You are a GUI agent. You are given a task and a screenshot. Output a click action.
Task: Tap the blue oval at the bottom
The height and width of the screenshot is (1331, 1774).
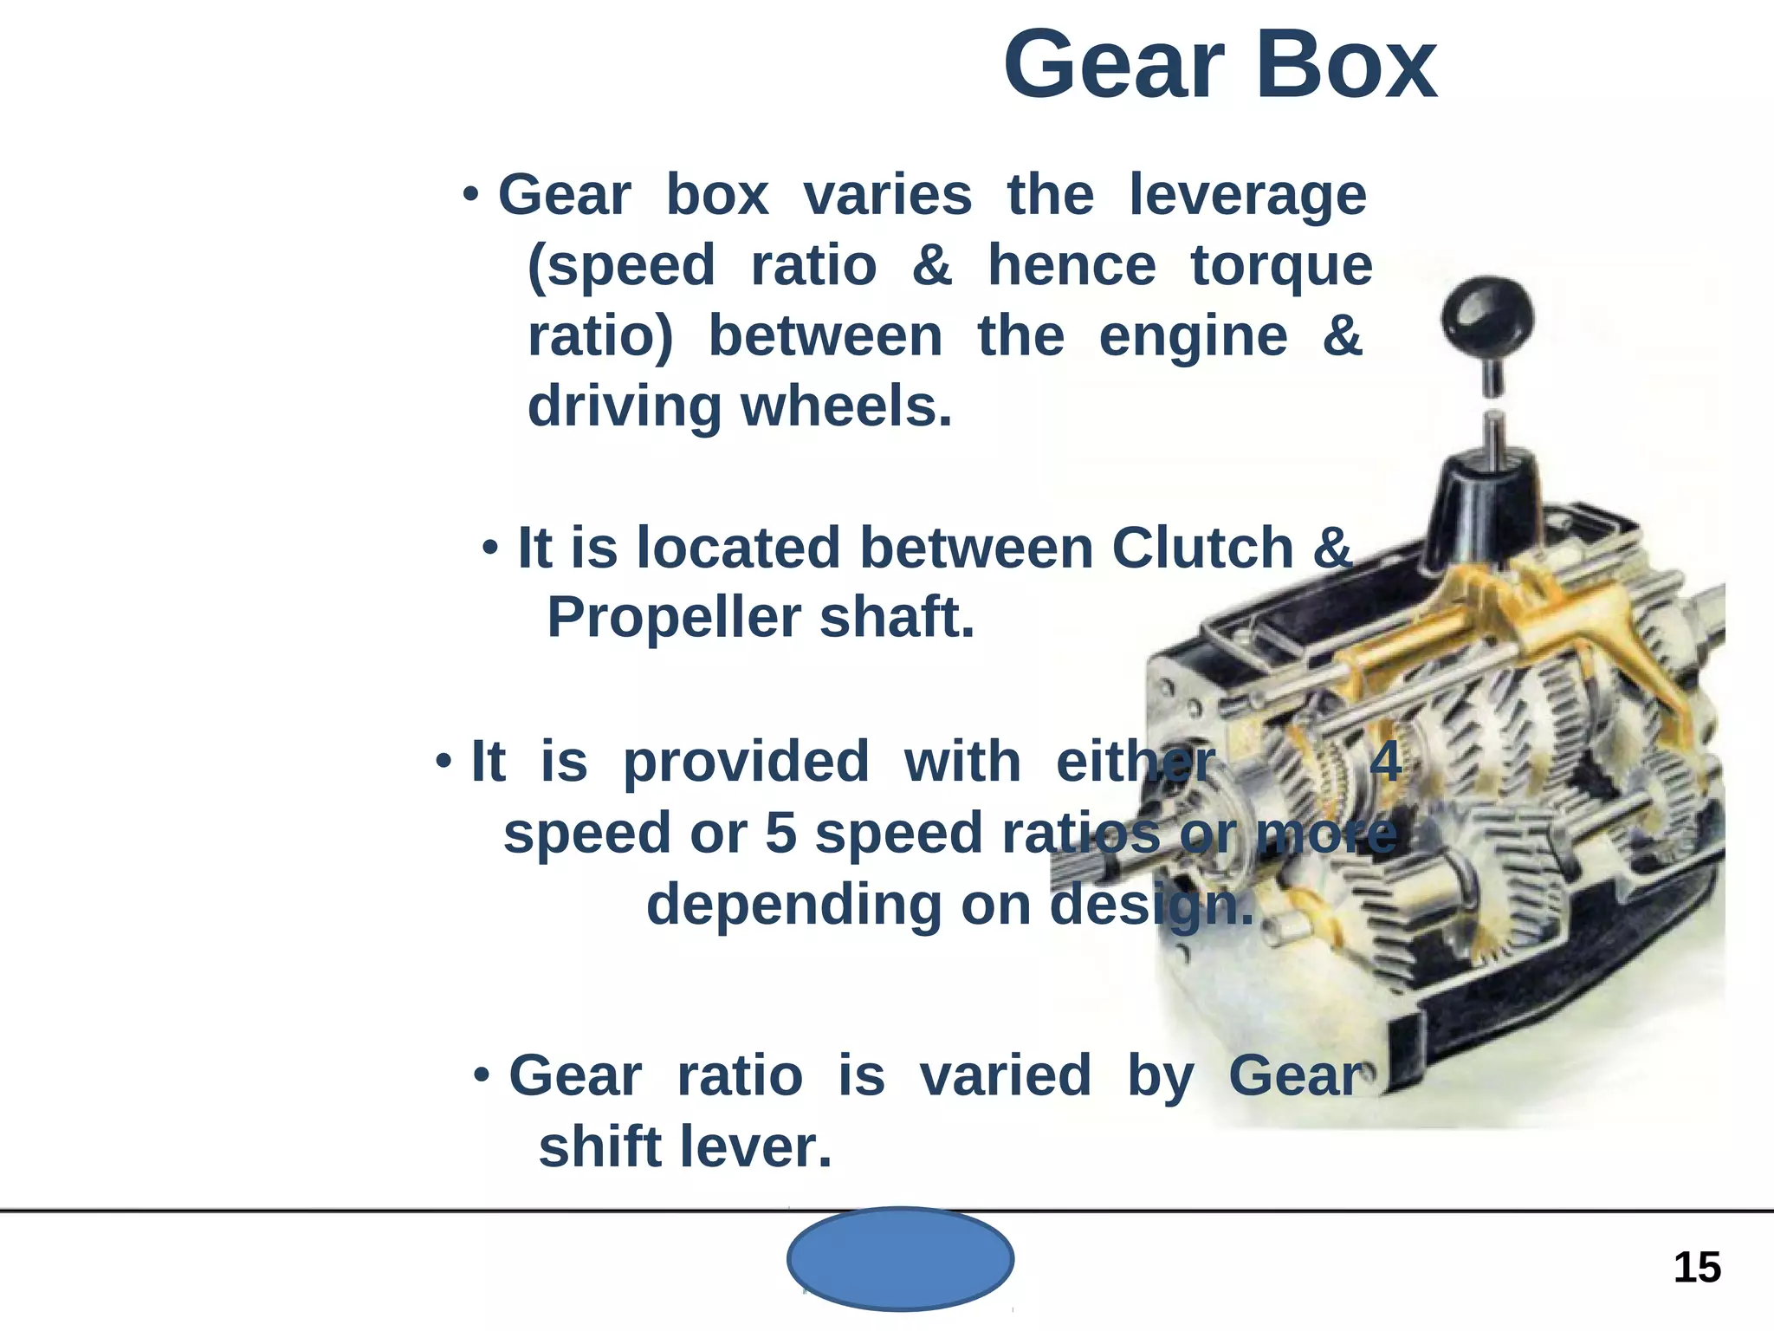click(x=900, y=1258)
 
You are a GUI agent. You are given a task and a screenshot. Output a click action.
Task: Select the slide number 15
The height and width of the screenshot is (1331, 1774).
click(x=1697, y=1268)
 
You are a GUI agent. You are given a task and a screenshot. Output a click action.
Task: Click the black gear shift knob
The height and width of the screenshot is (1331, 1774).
click(x=1487, y=316)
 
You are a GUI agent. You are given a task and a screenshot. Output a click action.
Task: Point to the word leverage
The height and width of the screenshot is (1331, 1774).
click(x=1247, y=195)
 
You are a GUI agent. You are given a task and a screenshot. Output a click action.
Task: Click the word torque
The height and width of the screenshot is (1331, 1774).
click(x=1281, y=266)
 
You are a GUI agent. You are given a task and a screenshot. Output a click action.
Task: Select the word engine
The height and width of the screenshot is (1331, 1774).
click(x=1193, y=337)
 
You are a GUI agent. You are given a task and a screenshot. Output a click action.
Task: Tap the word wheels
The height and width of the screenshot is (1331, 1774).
click(x=846, y=406)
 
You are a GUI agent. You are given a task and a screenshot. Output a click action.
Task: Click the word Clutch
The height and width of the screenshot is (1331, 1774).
click(x=1202, y=548)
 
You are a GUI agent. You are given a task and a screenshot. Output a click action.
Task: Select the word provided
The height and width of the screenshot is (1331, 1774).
click(x=746, y=762)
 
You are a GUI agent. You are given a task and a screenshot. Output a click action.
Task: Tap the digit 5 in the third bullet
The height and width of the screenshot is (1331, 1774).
click(x=780, y=833)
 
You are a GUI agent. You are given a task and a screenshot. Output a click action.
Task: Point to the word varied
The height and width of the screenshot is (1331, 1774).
click(x=1005, y=1075)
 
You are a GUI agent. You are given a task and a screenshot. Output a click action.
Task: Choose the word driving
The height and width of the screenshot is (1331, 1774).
click(x=624, y=406)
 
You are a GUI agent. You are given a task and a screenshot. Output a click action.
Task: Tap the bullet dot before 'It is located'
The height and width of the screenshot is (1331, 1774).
click(x=490, y=548)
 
